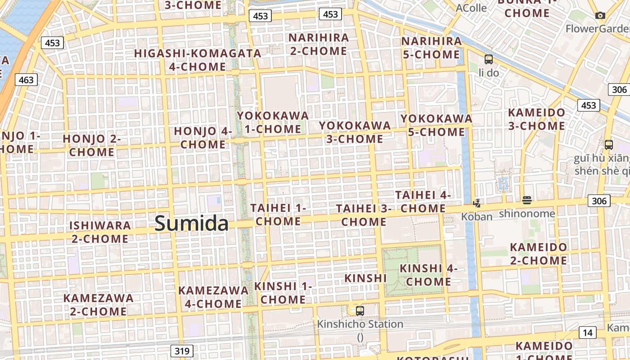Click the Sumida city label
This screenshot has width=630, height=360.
pyautogui.click(x=191, y=224)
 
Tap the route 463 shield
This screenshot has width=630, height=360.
pyautogui.click(x=26, y=80)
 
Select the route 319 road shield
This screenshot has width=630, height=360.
pyautogui.click(x=182, y=351)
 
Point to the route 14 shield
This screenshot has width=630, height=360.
pyautogui.click(x=587, y=333)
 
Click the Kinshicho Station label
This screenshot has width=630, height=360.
pyautogui.click(x=360, y=324)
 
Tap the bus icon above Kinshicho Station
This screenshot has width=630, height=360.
pyautogui.click(x=360, y=310)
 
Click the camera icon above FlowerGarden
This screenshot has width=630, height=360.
pyautogui.click(x=600, y=16)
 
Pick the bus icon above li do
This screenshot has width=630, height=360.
pyautogui.click(x=488, y=59)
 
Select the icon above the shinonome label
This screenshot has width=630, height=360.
pyautogui.click(x=526, y=200)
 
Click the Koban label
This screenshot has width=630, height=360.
pyautogui.click(x=477, y=216)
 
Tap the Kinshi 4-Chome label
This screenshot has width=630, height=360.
pyautogui.click(x=428, y=275)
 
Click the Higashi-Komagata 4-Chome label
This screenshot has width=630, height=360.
pyautogui.click(x=198, y=60)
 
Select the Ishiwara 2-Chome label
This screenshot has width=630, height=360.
pyautogui.click(x=100, y=232)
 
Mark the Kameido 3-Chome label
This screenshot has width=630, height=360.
pyautogui.click(x=536, y=119)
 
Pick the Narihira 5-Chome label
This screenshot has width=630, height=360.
pyautogui.click(x=431, y=48)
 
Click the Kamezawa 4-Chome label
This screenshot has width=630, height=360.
pyautogui.click(x=213, y=297)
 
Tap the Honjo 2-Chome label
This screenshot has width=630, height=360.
pyautogui.click(x=92, y=145)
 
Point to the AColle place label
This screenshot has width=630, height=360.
pyautogui.click(x=471, y=8)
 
